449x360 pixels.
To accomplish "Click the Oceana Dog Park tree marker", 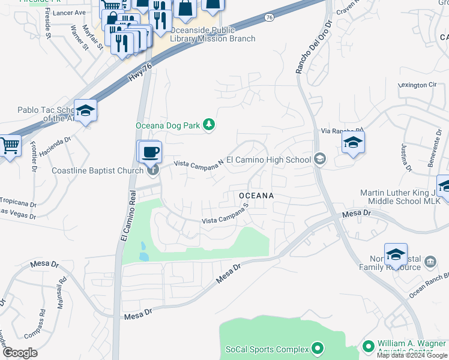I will [209, 125].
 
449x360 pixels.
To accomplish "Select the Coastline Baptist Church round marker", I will [153, 170].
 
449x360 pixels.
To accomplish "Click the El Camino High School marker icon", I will [320, 159].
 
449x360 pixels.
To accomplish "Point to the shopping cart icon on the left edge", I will [9, 146].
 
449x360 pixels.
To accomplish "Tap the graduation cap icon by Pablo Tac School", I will [86, 111].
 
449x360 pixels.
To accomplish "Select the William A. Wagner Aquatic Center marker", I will [369, 347].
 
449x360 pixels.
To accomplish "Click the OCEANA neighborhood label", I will [256, 196].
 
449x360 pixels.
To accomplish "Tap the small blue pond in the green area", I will [144, 251].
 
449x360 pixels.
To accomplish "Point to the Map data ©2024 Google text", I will [412, 355].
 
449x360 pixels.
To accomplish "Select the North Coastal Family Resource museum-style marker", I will [430, 262].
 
